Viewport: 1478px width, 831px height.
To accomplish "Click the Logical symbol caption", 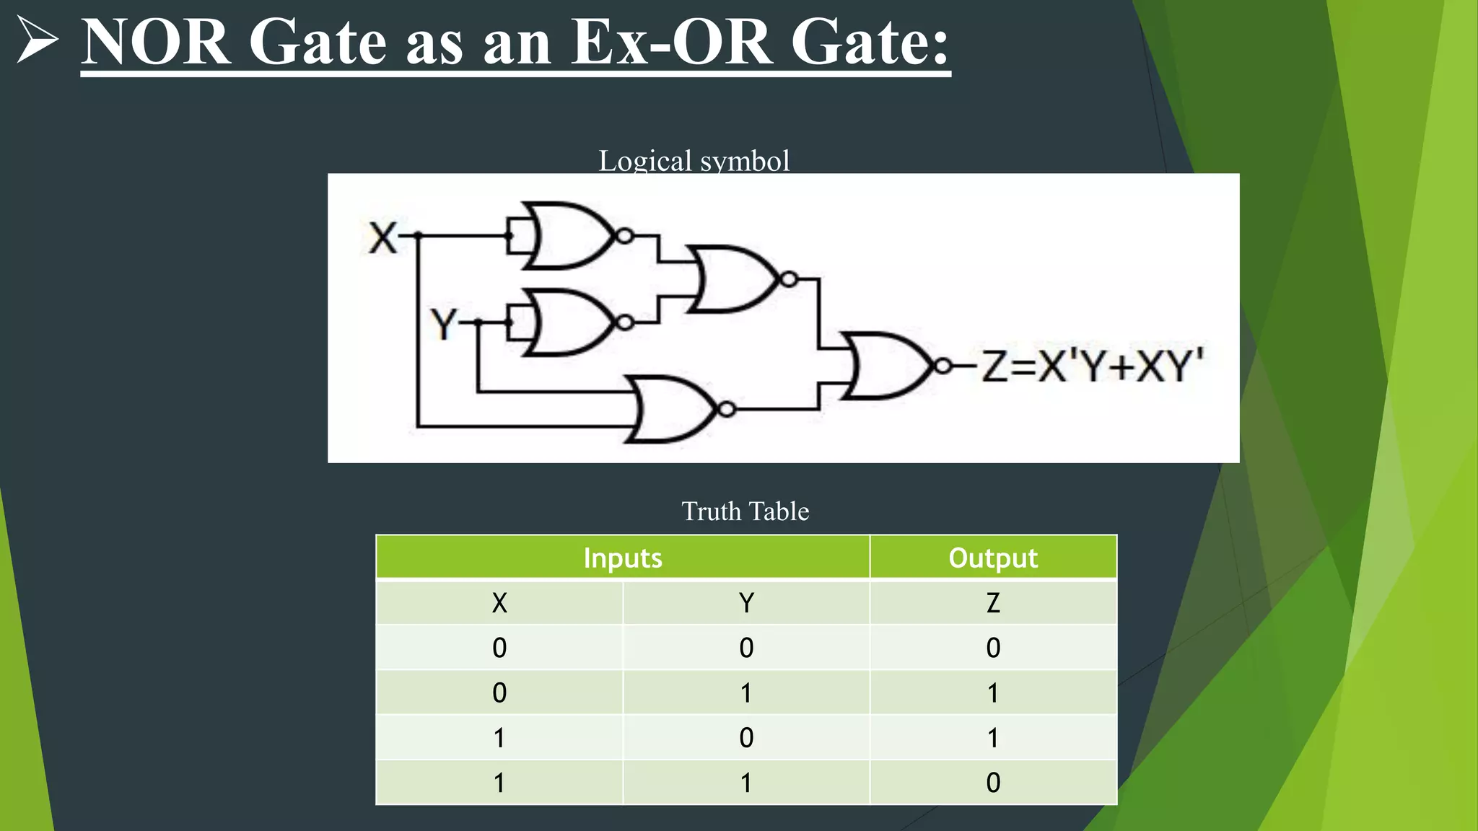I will [x=694, y=161].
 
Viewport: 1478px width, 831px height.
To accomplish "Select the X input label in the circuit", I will [x=382, y=237].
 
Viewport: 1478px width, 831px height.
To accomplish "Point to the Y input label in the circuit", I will [x=444, y=324].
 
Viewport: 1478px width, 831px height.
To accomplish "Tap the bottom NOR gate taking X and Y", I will [x=671, y=409].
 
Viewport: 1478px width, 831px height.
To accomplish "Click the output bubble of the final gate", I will [x=943, y=366].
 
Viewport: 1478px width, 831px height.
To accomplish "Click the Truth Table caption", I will [x=745, y=511].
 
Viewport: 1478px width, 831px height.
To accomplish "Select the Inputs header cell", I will [x=622, y=558].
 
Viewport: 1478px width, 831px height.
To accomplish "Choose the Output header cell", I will [x=993, y=558].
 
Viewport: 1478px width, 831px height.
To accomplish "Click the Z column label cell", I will [x=993, y=602].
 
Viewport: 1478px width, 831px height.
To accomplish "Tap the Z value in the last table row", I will [x=993, y=783].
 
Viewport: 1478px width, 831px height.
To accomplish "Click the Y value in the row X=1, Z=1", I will [x=746, y=738].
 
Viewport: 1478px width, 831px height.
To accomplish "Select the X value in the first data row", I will [x=499, y=648].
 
